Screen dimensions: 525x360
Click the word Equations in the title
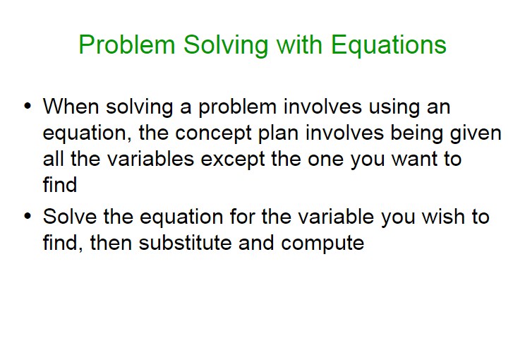click(388, 45)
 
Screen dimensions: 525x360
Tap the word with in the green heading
click(299, 44)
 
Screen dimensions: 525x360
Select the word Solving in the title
click(226, 45)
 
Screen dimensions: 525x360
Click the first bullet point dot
click(28, 106)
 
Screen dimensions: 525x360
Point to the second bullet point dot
click(28, 216)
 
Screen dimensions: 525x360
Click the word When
click(71, 107)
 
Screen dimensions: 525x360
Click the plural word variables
click(151, 159)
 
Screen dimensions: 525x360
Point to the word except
click(233, 160)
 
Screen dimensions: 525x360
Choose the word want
click(414, 160)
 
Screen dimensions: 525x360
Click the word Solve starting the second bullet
click(70, 216)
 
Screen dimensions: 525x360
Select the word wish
click(443, 216)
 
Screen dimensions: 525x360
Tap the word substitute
click(185, 242)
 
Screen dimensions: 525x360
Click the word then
click(111, 242)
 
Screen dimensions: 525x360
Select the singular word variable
click(336, 216)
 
